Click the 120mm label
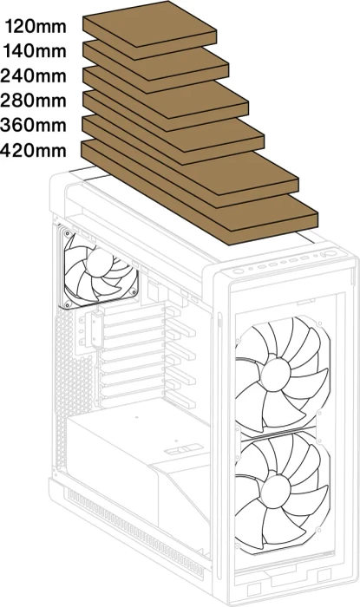(x=36, y=26)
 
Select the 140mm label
(x=35, y=51)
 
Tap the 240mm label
(x=33, y=76)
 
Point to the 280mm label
(x=33, y=101)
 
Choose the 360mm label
(x=33, y=126)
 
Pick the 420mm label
(x=33, y=150)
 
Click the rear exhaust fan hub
(x=98, y=262)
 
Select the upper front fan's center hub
(x=276, y=374)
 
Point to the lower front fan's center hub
(x=276, y=490)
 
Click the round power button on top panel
(x=238, y=271)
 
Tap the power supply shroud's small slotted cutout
(x=184, y=450)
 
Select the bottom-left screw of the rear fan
(x=68, y=303)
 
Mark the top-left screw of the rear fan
(x=69, y=234)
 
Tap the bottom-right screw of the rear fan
(x=133, y=291)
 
